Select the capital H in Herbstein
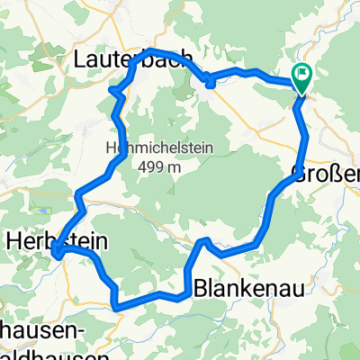pyautogui.click(x=15, y=241)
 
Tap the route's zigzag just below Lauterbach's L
pyautogui.click(x=112, y=90)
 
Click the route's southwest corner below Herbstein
pyautogui.click(x=119, y=307)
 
